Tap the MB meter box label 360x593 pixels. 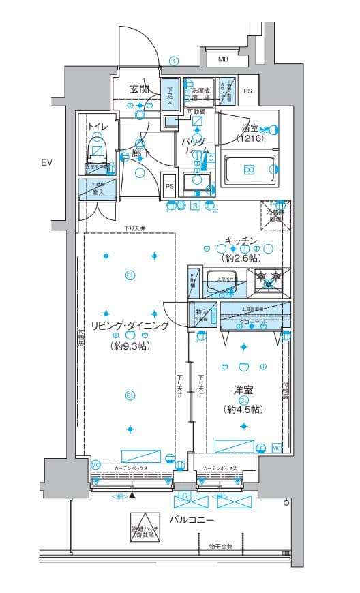coord(223,59)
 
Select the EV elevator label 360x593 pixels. coord(46,162)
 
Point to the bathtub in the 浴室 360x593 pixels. coord(251,169)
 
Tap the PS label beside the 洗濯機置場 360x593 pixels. coord(247,91)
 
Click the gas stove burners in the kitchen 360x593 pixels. coord(268,280)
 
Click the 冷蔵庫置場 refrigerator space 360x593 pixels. coord(275,215)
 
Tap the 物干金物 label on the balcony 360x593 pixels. coord(221,547)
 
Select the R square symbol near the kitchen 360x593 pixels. coord(195,205)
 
